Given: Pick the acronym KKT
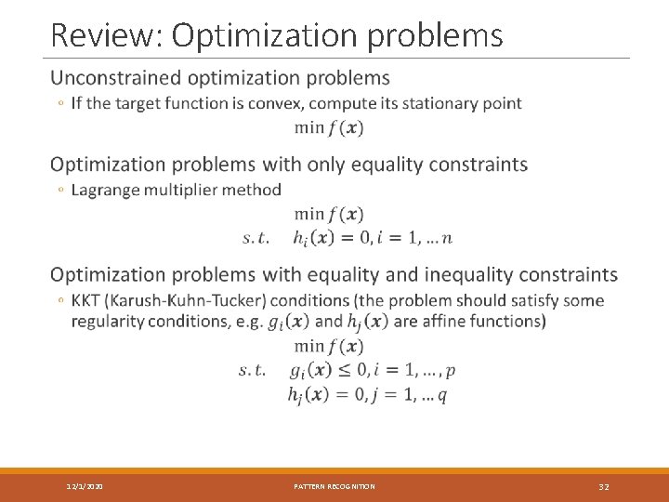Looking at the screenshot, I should pyautogui.click(x=87, y=300).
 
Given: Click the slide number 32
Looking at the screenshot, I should pyautogui.click(x=604, y=486).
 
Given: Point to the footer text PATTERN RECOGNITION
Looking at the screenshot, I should pyautogui.click(x=334, y=486).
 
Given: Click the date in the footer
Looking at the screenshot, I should pyautogui.click(x=85, y=486).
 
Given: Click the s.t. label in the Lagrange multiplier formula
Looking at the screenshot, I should pyautogui.click(x=256, y=238).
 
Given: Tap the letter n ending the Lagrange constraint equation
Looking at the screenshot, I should pyautogui.click(x=447, y=238).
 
